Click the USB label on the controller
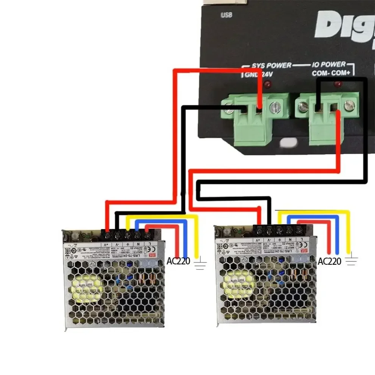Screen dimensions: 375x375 (x=226, y=16)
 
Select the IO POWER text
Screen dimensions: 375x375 (x=329, y=65)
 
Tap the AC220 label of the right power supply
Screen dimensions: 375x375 (x=330, y=261)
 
